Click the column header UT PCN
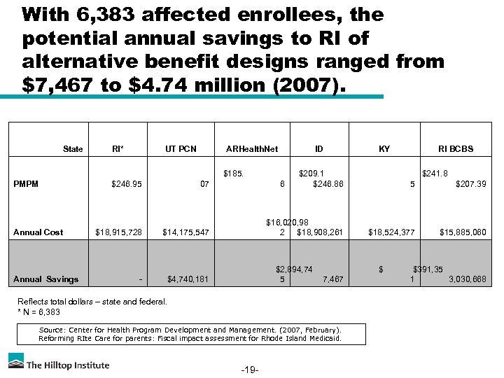181,149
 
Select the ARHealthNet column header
252,149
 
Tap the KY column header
384,149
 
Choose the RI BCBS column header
456,149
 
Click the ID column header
319,149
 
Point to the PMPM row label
26,184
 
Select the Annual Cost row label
38,232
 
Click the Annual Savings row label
46,279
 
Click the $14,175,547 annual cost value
185,232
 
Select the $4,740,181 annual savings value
188,279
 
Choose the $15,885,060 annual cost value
463,232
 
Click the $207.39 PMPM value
470,184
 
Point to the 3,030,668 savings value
467,279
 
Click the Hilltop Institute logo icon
16,361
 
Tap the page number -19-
250,369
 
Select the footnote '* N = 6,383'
38,312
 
